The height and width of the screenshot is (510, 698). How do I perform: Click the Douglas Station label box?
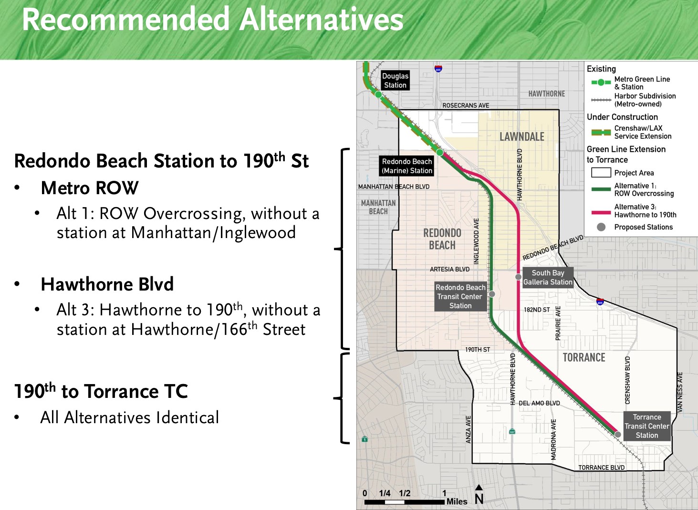point(395,80)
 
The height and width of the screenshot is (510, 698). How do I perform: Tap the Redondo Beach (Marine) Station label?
point(406,166)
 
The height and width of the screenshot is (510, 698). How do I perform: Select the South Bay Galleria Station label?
point(548,278)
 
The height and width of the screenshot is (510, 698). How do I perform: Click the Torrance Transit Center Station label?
point(646,426)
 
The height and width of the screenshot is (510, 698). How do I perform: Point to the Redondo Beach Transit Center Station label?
point(460,296)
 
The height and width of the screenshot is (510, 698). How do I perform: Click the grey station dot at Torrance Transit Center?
point(617,434)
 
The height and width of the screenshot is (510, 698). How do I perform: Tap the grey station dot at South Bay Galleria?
point(518,277)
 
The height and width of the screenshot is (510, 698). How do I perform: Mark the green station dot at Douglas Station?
point(378,94)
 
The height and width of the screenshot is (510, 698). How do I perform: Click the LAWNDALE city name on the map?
point(522,137)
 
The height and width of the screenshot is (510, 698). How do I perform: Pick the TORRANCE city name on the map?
point(584,357)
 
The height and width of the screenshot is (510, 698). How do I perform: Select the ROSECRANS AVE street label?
point(466,105)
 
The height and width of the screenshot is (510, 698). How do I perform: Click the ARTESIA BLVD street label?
point(449,269)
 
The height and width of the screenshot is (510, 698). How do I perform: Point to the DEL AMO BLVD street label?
point(539,403)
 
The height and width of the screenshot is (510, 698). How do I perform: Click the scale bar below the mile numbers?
point(404,502)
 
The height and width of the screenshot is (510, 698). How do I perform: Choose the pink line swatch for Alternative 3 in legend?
point(601,213)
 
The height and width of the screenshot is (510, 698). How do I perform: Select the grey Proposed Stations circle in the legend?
point(601,227)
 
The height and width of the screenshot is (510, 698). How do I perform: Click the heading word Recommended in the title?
point(125,19)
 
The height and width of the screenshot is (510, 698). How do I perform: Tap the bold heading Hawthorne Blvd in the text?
point(107,284)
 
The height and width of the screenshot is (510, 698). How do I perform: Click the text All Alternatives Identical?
point(130,417)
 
